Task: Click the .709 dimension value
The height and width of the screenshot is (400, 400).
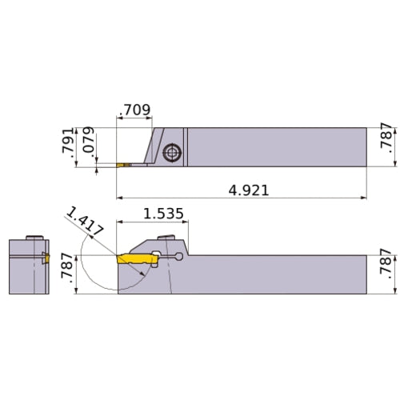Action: click(134, 109)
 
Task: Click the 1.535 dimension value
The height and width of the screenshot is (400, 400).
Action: click(164, 214)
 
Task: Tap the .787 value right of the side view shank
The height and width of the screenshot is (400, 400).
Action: click(386, 274)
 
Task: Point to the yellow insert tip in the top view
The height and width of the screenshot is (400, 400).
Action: click(124, 165)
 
